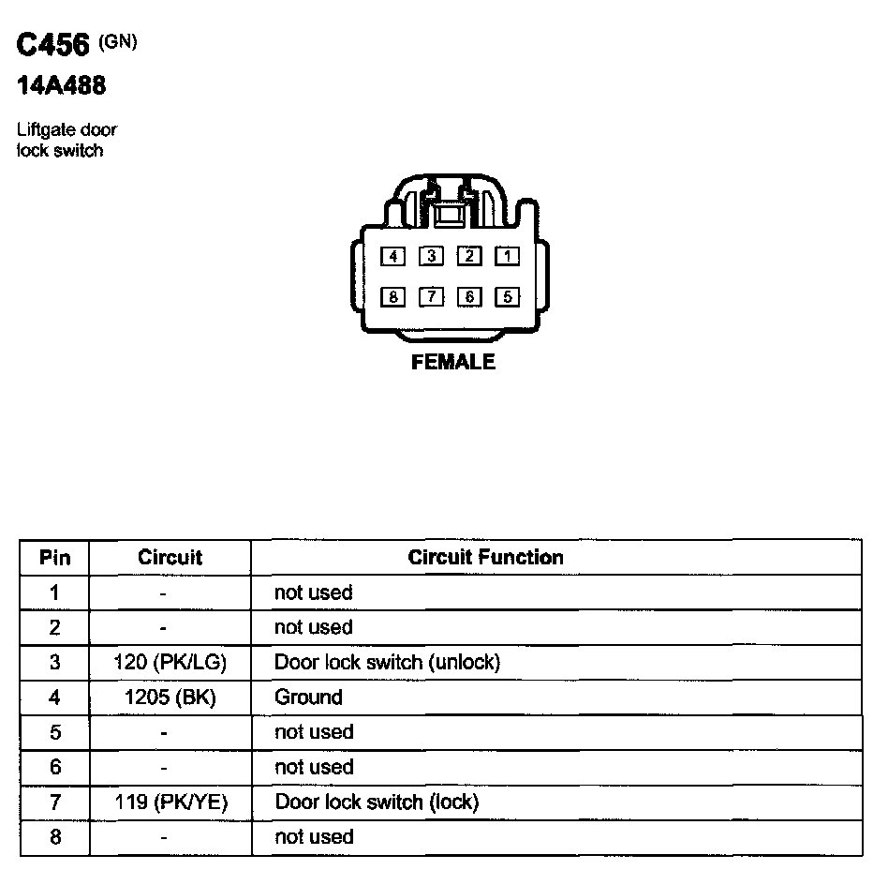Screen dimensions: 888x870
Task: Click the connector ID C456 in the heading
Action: click(x=53, y=47)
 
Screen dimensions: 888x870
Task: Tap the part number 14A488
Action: click(x=61, y=87)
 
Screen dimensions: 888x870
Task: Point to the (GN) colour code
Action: click(x=117, y=41)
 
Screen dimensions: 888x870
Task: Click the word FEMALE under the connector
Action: click(x=453, y=362)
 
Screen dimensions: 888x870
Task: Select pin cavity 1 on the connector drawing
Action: click(x=506, y=255)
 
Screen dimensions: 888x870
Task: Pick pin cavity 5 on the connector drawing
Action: click(x=506, y=297)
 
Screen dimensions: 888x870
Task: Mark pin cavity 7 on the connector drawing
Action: click(x=431, y=297)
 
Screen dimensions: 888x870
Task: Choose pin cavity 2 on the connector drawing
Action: click(x=468, y=255)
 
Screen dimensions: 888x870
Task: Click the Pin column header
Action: click(x=54, y=558)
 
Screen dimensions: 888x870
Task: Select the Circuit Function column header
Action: click(x=485, y=558)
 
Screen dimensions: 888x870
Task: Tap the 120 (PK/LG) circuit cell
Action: click(x=170, y=663)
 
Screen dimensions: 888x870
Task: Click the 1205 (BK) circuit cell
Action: click(x=170, y=697)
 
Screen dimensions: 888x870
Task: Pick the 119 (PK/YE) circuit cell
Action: click(x=170, y=802)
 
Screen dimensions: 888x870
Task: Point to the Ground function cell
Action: click(x=308, y=697)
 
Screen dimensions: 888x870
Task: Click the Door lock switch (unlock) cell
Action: click(x=387, y=663)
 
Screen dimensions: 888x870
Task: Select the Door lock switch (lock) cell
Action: click(x=377, y=802)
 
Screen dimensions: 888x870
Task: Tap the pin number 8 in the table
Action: click(x=54, y=837)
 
